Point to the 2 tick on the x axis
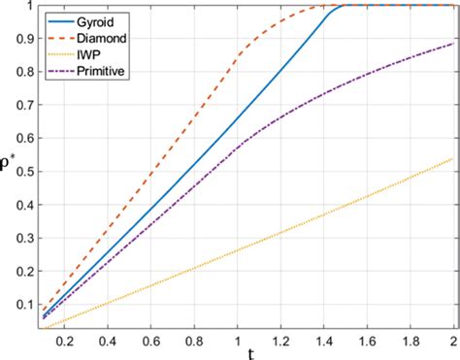click(452, 343)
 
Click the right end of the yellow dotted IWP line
click(452, 158)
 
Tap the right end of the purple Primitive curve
click(452, 43)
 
